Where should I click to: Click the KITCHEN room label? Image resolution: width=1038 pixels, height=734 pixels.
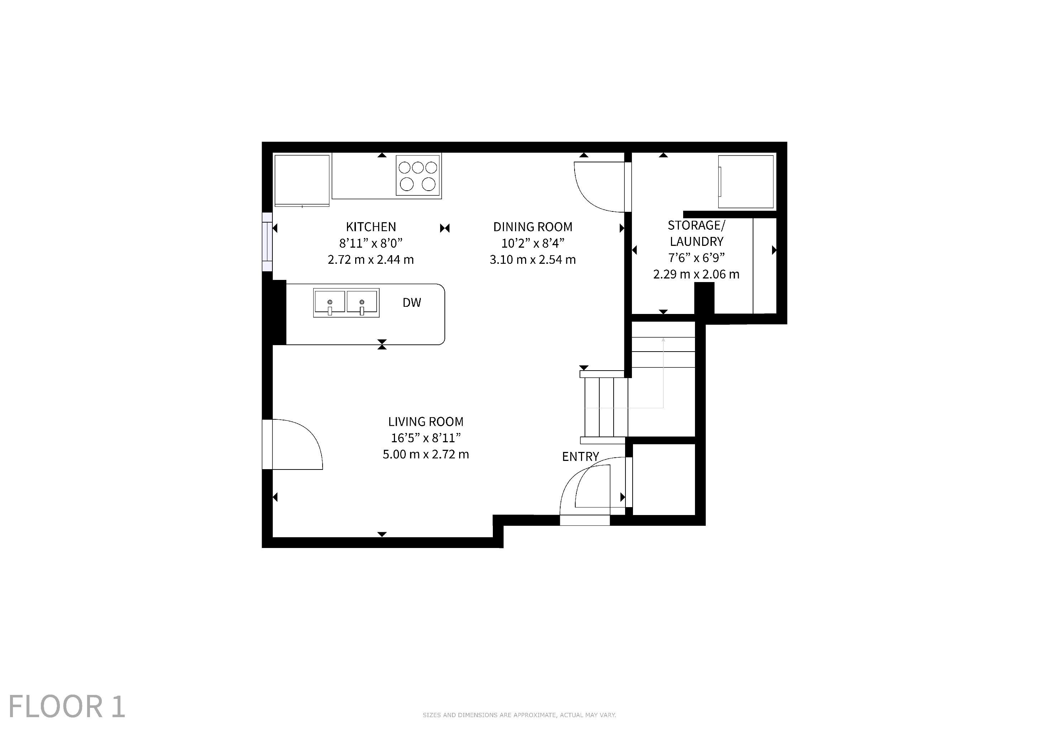pos(371,227)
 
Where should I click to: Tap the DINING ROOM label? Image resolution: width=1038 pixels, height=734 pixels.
pos(533,227)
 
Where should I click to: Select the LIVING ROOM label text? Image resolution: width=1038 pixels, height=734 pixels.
pos(426,422)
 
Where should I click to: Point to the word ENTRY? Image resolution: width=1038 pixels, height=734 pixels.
pos(581,457)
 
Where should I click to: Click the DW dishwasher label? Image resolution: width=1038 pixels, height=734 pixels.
pos(412,303)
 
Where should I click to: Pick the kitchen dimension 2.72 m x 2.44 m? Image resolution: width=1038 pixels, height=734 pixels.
pos(371,260)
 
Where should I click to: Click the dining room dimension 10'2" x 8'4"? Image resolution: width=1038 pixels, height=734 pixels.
pos(533,243)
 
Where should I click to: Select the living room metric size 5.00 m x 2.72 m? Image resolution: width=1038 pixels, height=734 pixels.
pos(426,454)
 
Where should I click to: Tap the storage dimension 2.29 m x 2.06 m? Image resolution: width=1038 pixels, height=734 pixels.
pos(696,274)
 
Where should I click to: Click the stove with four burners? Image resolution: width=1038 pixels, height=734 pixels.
pos(418,176)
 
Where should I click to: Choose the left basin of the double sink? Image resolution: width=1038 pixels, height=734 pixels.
pos(330,302)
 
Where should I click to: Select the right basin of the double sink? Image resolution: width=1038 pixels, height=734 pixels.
pos(362,302)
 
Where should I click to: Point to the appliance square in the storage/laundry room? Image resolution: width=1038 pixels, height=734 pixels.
pos(746,182)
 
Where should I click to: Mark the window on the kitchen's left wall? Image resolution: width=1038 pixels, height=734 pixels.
pos(267,242)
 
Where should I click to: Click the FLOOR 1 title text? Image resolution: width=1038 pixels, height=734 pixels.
pos(66,706)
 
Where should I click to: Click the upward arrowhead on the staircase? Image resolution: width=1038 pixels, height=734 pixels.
pos(663,339)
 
